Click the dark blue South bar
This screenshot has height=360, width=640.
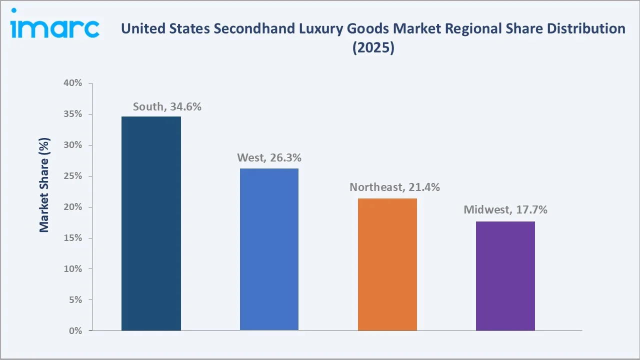pos(151,223)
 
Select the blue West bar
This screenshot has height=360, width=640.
pos(269,249)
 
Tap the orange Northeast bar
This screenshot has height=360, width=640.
pos(387,264)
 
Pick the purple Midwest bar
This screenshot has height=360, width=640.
pos(505,276)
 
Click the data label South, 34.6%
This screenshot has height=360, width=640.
pos(167,106)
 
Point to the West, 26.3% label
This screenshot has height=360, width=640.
pos(269,158)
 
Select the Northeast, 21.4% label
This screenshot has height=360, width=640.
pos(394,187)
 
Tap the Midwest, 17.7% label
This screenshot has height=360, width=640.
pos(505,210)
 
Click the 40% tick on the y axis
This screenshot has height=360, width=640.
pos(73,83)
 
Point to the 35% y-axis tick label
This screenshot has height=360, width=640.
pos(73,114)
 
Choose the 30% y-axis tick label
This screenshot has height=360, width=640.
pos(73,145)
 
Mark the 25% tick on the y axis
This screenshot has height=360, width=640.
pos(73,176)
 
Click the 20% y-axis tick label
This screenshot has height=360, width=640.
pos(73,207)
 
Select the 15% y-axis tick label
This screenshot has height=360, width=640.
pos(73,238)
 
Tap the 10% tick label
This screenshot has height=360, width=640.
pos(73,269)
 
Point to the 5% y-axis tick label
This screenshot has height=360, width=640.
pos(75,300)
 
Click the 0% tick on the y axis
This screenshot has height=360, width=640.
pos(75,331)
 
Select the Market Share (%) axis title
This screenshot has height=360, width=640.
pos(44,185)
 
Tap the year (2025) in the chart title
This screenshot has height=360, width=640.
pos(373,48)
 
